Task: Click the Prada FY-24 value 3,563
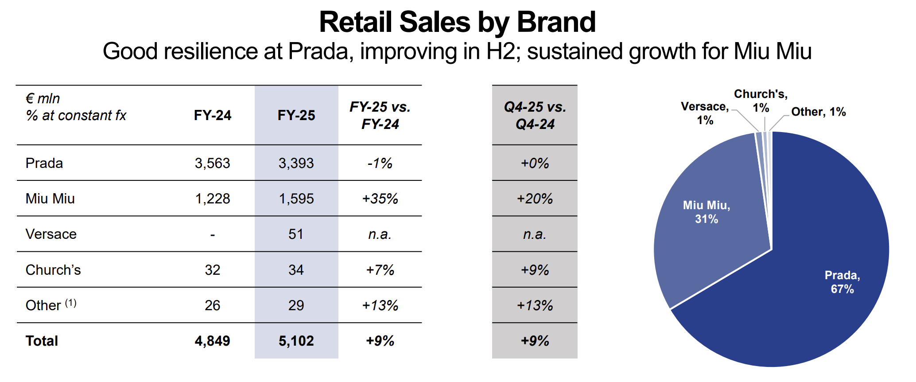pos(212,163)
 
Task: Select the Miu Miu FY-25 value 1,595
pos(296,199)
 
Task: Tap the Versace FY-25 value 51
pos(296,234)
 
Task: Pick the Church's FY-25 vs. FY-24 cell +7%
pos(380,270)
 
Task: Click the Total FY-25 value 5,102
pos(296,341)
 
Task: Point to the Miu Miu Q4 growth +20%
pos(535,199)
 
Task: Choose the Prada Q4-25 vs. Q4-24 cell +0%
pos(535,163)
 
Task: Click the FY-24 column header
pos(212,115)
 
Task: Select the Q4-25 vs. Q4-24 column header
pos(535,115)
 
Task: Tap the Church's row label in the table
pos(53,270)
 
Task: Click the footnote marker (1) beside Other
pos(71,303)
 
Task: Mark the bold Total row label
pos(42,341)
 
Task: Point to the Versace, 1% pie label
pos(704,113)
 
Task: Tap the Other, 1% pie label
pos(818,112)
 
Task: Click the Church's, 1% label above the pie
pos(761,101)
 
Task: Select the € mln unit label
pos(43,98)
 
